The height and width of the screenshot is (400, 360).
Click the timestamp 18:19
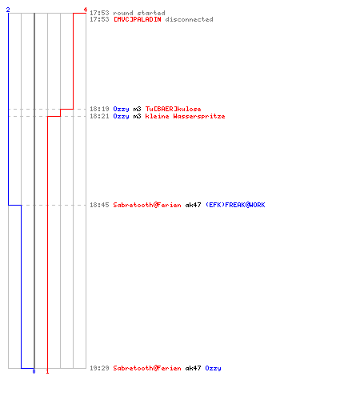99,109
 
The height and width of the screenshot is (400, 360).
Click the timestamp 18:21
99,116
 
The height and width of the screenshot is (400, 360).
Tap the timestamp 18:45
99,205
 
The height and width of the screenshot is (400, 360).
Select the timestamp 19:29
99,368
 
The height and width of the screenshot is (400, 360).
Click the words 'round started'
139,13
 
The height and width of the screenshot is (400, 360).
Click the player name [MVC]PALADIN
138,19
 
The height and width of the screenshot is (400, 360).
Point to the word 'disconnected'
189,19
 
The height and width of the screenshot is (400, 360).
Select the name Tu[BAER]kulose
173,109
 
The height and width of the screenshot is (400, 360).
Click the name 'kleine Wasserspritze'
185,116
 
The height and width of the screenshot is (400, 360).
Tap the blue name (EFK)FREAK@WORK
235,205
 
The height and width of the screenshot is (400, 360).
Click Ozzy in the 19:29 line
213,368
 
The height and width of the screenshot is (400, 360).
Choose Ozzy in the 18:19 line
121,109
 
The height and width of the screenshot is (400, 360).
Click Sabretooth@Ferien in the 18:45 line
147,205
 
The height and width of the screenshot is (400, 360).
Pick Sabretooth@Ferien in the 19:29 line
147,368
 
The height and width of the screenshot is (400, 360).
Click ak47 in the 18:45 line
193,205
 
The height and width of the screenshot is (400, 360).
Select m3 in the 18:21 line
137,116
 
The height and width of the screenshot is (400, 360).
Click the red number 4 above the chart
86,10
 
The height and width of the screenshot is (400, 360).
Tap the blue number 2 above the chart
8,10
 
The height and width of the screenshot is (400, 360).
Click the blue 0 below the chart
34,371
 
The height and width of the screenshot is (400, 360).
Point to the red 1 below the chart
47,371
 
